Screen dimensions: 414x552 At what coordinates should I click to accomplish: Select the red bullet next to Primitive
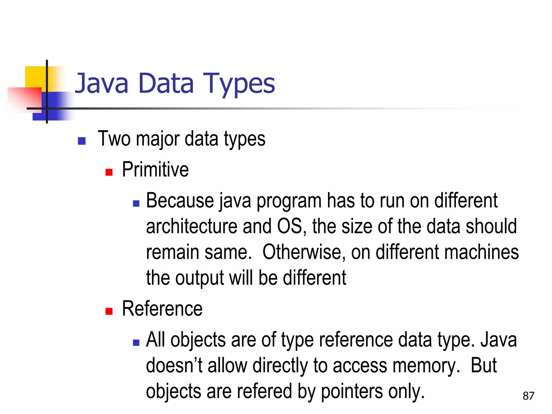109,172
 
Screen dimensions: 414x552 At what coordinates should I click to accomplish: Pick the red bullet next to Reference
109,311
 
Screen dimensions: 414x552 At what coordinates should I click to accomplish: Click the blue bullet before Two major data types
82,141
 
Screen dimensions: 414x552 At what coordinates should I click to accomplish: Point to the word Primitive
155,170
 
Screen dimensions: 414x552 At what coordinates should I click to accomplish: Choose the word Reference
162,309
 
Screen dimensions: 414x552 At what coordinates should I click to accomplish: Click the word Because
180,201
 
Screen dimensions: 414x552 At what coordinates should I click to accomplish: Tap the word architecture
191,226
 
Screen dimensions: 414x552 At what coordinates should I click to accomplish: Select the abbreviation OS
290,226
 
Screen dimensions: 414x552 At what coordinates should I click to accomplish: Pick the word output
199,278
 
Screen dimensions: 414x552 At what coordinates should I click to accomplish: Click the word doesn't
174,366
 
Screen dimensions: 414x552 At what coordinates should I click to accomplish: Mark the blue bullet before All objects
136,343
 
